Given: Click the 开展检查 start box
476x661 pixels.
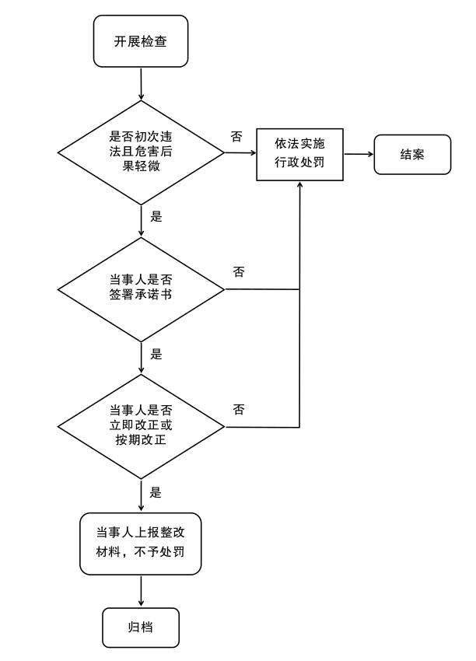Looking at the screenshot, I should [141, 41].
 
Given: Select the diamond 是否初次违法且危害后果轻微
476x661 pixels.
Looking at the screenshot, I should [141, 153].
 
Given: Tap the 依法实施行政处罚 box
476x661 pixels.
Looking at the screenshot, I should [299, 154].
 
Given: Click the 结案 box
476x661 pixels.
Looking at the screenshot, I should [411, 154].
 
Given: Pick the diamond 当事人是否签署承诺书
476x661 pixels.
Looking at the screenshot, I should [141, 289].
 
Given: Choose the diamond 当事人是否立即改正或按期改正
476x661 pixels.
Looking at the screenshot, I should [141, 426].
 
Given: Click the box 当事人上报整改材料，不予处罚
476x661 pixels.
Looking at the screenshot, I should [141, 544].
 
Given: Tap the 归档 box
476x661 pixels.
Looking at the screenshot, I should [141, 627].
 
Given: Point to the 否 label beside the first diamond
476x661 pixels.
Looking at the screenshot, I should [236, 136].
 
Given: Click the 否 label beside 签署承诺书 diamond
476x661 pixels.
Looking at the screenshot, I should [239, 272].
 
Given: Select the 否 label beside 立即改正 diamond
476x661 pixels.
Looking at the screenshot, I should [239, 409].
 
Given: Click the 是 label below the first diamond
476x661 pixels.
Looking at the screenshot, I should [156, 217].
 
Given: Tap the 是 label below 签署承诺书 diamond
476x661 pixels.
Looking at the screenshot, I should [156, 354].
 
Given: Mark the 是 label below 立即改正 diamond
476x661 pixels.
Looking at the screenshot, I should [156, 491].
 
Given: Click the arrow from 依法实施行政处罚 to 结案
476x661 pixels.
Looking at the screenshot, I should [358, 154].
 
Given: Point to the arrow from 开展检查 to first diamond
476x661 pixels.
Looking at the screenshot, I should [141, 83].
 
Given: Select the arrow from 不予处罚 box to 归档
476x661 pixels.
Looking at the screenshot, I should [141, 591].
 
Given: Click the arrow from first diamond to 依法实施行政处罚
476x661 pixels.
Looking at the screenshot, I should [240, 154].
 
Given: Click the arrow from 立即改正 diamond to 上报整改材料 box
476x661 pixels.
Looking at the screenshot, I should [141, 495].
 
